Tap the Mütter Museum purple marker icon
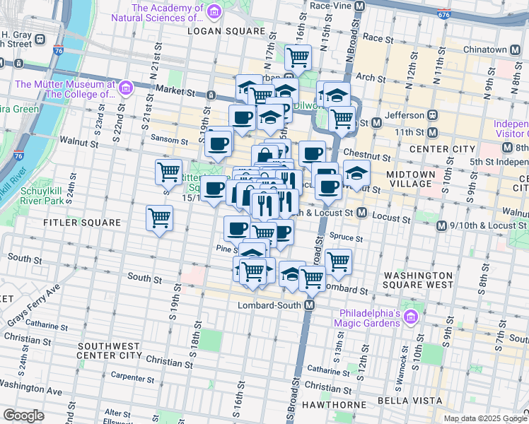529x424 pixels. point(127,88)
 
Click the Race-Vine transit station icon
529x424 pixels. point(359,6)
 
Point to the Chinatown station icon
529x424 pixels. point(514,49)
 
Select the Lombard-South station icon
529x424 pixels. point(309,305)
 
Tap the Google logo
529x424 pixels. point(24,415)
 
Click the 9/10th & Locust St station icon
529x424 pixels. point(441,226)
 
